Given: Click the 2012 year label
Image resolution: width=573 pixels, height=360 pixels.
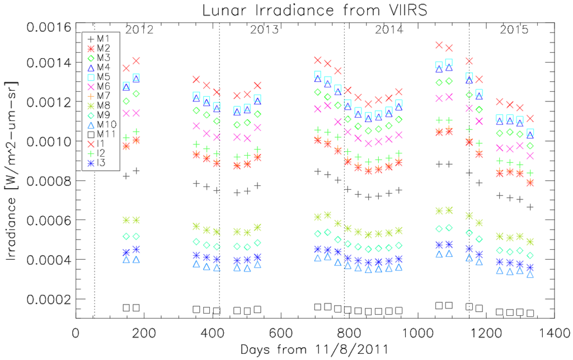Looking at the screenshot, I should pyautogui.click(x=139, y=30).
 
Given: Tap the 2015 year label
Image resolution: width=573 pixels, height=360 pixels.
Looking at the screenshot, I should pyautogui.click(x=513, y=30).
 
